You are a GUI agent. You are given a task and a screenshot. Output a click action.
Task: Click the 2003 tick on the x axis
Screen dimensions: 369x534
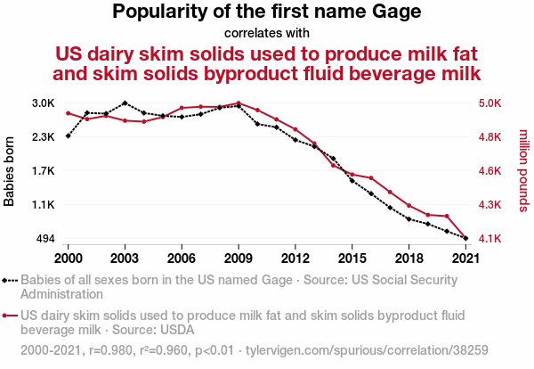tap(125, 258)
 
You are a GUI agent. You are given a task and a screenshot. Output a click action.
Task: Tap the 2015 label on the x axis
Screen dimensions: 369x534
tap(352, 258)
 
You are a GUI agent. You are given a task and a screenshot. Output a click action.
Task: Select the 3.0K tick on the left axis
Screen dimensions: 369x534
tap(43, 103)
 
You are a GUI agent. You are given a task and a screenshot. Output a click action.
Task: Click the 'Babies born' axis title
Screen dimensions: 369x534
tap(10, 171)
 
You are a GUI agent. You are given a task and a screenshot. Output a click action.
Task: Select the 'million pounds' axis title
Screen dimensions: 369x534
tap(524, 171)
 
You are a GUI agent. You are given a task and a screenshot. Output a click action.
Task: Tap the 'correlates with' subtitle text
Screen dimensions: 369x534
tap(267, 34)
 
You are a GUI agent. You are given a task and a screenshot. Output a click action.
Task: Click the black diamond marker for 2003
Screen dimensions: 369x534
tap(125, 103)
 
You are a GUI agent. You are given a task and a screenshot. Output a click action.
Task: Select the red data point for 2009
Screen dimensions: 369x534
tap(239, 103)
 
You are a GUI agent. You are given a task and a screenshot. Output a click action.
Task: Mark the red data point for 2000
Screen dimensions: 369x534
tap(68, 113)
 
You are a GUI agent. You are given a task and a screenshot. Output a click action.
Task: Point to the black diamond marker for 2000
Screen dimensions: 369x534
tap(68, 135)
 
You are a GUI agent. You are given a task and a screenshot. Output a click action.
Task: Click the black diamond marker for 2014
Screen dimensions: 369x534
tap(334, 158)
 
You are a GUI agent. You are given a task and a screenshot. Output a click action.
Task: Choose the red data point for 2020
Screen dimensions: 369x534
tap(448, 216)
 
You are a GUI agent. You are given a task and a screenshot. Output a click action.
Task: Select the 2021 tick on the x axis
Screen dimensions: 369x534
tap(466, 258)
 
